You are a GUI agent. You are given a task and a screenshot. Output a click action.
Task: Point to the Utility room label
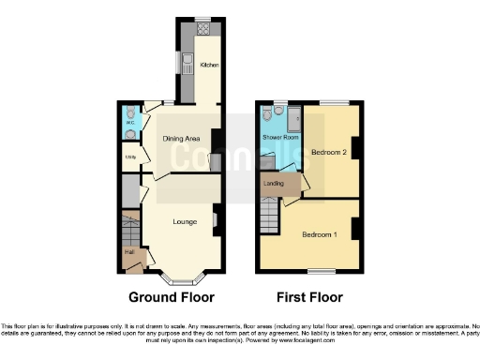130,157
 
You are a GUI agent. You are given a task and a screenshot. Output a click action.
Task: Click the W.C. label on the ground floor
129,121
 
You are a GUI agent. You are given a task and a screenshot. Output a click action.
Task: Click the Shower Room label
278,137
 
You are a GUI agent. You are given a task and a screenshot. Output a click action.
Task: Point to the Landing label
275,183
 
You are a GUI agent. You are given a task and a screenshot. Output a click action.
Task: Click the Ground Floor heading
171,297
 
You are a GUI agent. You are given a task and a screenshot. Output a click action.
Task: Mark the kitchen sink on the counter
188,64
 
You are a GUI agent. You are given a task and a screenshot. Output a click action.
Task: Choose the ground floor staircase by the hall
130,228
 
